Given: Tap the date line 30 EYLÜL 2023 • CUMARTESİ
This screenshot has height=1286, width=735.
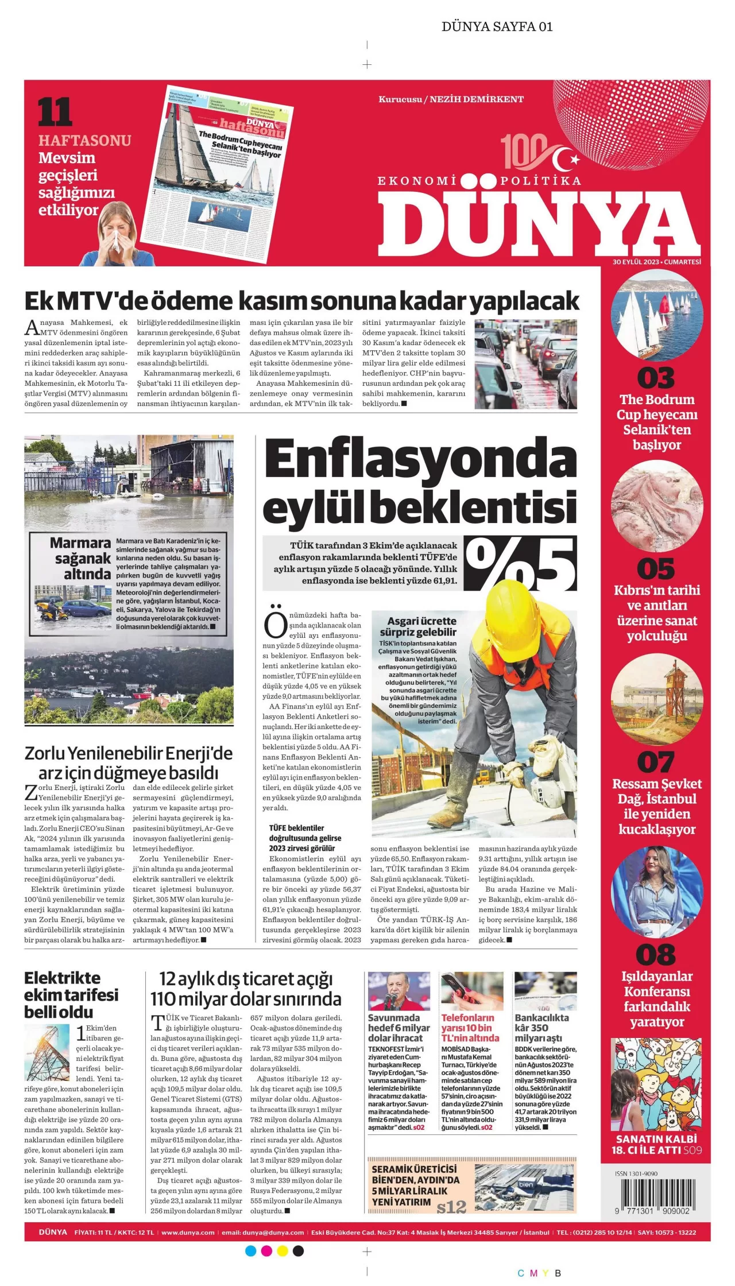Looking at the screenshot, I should [x=656, y=262].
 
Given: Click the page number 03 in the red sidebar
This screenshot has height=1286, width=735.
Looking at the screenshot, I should [x=656, y=378].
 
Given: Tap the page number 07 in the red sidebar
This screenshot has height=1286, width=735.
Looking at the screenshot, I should [x=656, y=762].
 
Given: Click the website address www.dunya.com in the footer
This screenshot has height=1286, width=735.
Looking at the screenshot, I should [x=188, y=1232].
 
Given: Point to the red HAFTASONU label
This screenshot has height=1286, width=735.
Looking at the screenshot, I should [x=84, y=141].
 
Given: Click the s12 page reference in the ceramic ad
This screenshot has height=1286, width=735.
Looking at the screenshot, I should [x=451, y=1207].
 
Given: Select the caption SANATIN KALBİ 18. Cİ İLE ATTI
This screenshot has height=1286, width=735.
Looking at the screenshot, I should [x=656, y=1145].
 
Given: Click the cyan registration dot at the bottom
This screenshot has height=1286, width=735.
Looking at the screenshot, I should [x=250, y=1251].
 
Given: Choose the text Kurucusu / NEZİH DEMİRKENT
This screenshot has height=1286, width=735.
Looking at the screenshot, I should [x=451, y=99].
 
